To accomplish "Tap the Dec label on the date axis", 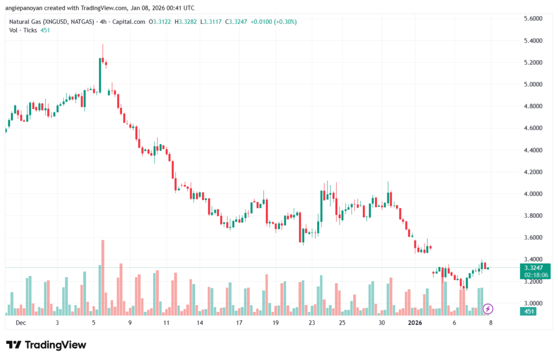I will [21, 322].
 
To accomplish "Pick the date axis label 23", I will [312, 322].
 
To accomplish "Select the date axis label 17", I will [239, 322].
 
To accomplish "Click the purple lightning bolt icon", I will [488, 309].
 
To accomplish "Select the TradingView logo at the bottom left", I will [46, 345].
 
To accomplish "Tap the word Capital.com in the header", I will [132, 22].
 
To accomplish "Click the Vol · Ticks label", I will [23, 30].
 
